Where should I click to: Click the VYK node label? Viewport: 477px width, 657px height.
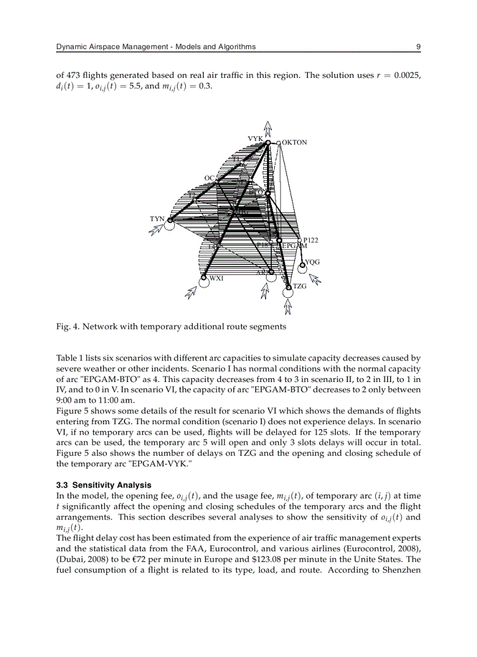(x=255, y=139)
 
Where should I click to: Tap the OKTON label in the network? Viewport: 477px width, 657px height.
(x=294, y=142)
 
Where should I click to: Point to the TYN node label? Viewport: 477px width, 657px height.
(x=157, y=219)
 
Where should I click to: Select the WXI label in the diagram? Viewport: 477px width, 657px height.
(x=216, y=278)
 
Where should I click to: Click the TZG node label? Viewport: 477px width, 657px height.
(x=299, y=286)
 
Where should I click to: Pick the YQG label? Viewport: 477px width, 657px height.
(x=312, y=263)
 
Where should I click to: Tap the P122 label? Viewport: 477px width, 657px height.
(x=310, y=240)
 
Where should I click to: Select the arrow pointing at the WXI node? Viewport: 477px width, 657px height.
(x=191, y=291)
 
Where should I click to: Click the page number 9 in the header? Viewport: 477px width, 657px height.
(x=418, y=47)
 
